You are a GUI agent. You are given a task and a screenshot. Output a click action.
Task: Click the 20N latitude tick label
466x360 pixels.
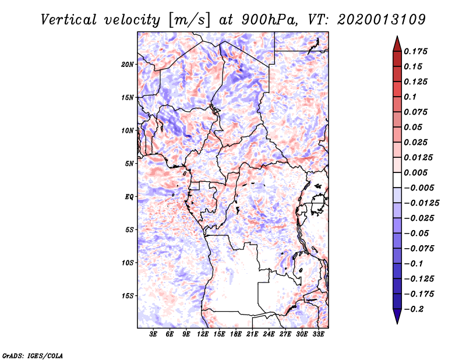click(128, 64)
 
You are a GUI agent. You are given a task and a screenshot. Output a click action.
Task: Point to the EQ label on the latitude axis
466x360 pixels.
click(129, 197)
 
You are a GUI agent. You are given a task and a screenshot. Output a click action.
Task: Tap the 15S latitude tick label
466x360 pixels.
click(128, 296)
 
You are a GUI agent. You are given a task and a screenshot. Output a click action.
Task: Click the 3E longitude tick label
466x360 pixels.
click(154, 335)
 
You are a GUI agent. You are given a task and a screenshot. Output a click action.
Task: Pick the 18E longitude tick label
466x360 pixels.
click(236, 335)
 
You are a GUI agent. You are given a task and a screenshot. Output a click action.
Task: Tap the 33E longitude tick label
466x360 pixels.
click(318, 335)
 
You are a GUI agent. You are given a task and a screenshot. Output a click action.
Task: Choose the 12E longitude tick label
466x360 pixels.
click(203, 335)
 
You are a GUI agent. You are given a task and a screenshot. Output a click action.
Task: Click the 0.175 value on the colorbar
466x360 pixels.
click(416, 51)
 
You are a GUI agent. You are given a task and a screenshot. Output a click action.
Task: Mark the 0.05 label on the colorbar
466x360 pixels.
click(414, 127)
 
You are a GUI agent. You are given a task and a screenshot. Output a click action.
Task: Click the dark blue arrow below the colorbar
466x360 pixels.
click(397, 317)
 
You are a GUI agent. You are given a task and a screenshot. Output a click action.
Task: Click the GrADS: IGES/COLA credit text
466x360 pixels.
click(32, 354)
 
